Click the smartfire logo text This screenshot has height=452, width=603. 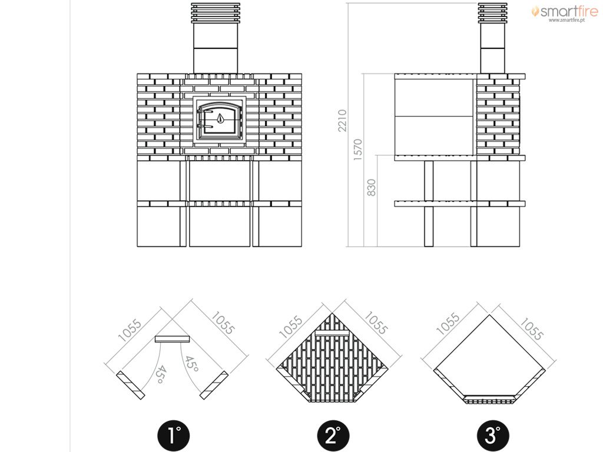pyautogui.click(x=568, y=11)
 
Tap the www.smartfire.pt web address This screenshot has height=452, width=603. pyautogui.click(x=566, y=21)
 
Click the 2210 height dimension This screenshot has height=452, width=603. pyautogui.click(x=342, y=121)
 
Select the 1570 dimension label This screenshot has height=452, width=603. pyautogui.click(x=357, y=149)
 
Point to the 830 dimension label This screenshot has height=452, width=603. pyautogui.click(x=371, y=187)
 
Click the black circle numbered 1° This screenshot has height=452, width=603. pyautogui.click(x=174, y=436)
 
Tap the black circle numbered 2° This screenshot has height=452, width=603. pyautogui.click(x=333, y=436)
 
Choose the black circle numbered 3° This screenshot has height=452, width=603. pyautogui.click(x=493, y=436)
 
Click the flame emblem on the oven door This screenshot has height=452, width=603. pyautogui.click(x=220, y=118)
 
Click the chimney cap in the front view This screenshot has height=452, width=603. pyautogui.click(x=216, y=13)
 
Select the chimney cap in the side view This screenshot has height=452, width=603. pyautogui.click(x=492, y=13)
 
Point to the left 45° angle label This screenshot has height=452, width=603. pyautogui.click(x=161, y=374)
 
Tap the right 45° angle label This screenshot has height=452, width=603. pyautogui.click(x=191, y=364)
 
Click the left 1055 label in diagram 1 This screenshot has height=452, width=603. pyautogui.click(x=130, y=330)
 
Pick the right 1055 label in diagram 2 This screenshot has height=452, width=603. pyautogui.click(x=376, y=323)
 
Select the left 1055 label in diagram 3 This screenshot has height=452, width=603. pyautogui.click(x=448, y=324)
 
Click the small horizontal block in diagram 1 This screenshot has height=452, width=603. pyautogui.click(x=173, y=338)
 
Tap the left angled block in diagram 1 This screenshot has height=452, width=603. pyautogui.click(x=130, y=385)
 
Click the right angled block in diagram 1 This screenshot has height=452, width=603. pyautogui.click(x=214, y=385)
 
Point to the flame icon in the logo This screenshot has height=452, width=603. pyautogui.click(x=535, y=11)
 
